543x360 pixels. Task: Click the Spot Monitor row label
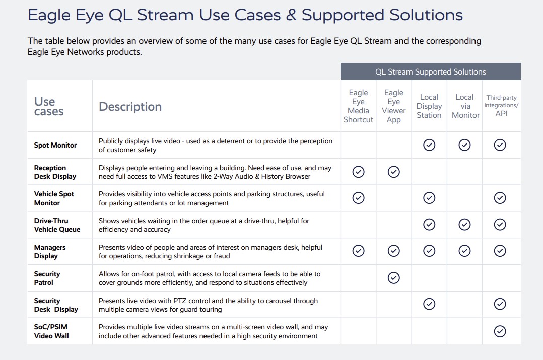click(x=55, y=145)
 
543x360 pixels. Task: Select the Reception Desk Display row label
click(x=55, y=172)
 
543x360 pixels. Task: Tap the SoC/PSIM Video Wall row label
click(x=51, y=331)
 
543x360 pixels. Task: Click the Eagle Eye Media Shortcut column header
click(x=359, y=106)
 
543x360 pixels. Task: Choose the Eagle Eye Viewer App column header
click(x=394, y=106)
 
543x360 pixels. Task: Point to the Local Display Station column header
click(x=429, y=106)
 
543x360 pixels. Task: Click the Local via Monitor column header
click(x=465, y=106)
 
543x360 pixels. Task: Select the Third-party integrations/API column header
click(x=501, y=106)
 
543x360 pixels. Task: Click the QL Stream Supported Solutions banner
click(x=431, y=71)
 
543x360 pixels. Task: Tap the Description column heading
click(x=130, y=107)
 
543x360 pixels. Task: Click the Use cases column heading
click(x=49, y=106)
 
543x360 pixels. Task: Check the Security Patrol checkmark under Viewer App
click(x=394, y=277)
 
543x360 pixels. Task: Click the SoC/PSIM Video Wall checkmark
click(x=500, y=331)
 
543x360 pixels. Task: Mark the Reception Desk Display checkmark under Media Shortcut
click(x=359, y=172)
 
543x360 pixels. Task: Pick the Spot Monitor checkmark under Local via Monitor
click(x=464, y=145)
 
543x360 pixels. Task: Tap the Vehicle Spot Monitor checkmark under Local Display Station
click(x=429, y=198)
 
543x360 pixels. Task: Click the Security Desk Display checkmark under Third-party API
click(x=500, y=304)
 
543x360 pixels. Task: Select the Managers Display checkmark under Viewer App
click(x=394, y=251)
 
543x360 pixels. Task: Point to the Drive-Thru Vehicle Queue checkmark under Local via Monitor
click(x=464, y=225)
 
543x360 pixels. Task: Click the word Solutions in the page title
click(x=426, y=15)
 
